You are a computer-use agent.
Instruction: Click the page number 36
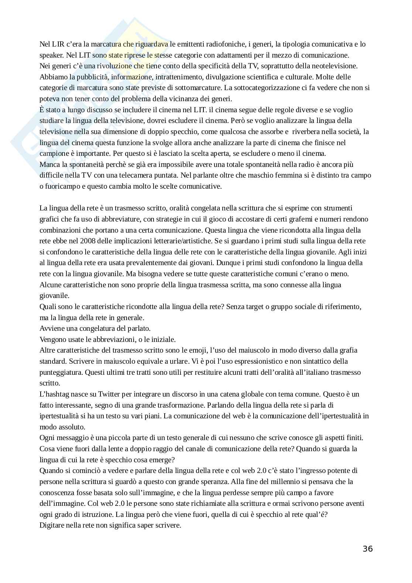[x=367, y=549]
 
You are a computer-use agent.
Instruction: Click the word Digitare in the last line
[x=52, y=525]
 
